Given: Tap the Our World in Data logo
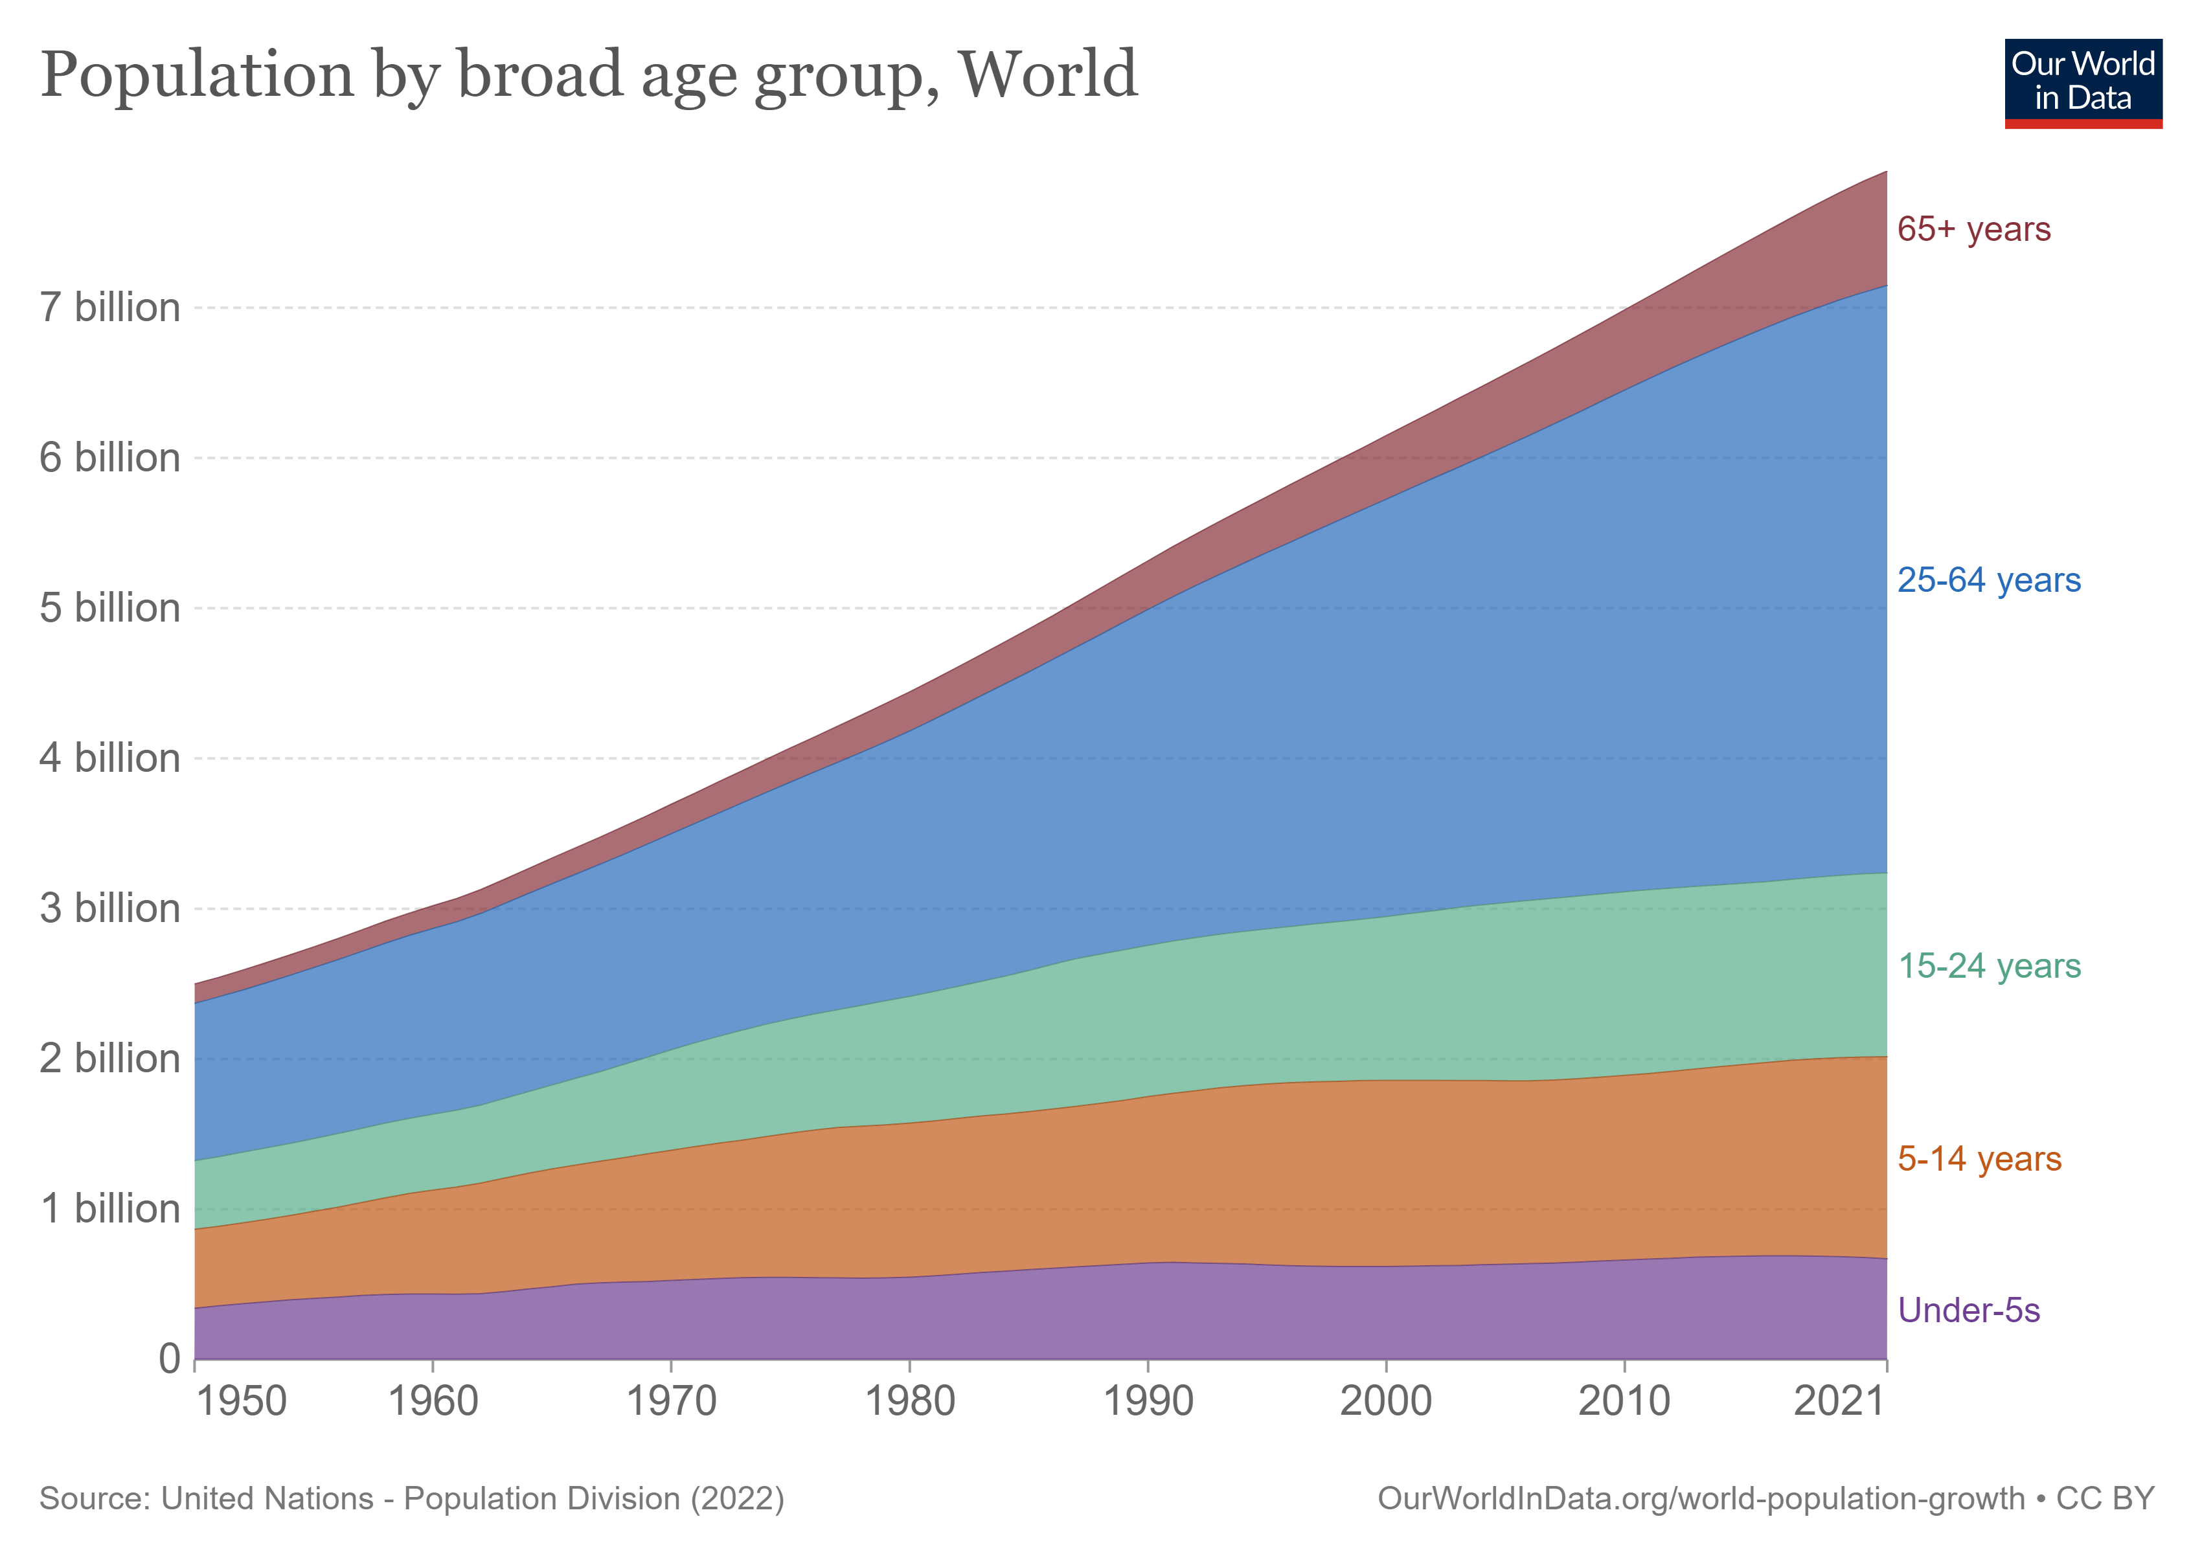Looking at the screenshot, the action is pos(2083,84).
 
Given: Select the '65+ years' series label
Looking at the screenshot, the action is pos(1974,229).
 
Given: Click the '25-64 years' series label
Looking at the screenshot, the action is pos(1989,580).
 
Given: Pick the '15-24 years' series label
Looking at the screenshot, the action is pos(1989,965).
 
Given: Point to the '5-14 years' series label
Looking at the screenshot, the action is pos(1979,1159).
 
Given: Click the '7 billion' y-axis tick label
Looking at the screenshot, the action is pos(110,308).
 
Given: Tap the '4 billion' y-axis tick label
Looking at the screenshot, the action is pos(110,758).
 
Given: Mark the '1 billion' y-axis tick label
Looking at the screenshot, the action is pos(110,1209).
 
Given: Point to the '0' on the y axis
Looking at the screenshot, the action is pos(170,1358).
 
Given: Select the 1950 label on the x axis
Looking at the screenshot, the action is pos(242,1402).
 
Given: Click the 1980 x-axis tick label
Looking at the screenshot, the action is pos(910,1402).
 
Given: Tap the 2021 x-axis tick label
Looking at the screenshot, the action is pos(1839,1402).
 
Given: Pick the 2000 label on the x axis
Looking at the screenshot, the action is pos(1386,1402).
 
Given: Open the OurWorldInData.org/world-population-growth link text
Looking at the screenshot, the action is pos(1701,1498).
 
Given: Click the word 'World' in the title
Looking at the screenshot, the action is pos(1049,74).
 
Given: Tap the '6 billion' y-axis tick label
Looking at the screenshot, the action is pos(110,458).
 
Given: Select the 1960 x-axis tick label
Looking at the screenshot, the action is pos(433,1402).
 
